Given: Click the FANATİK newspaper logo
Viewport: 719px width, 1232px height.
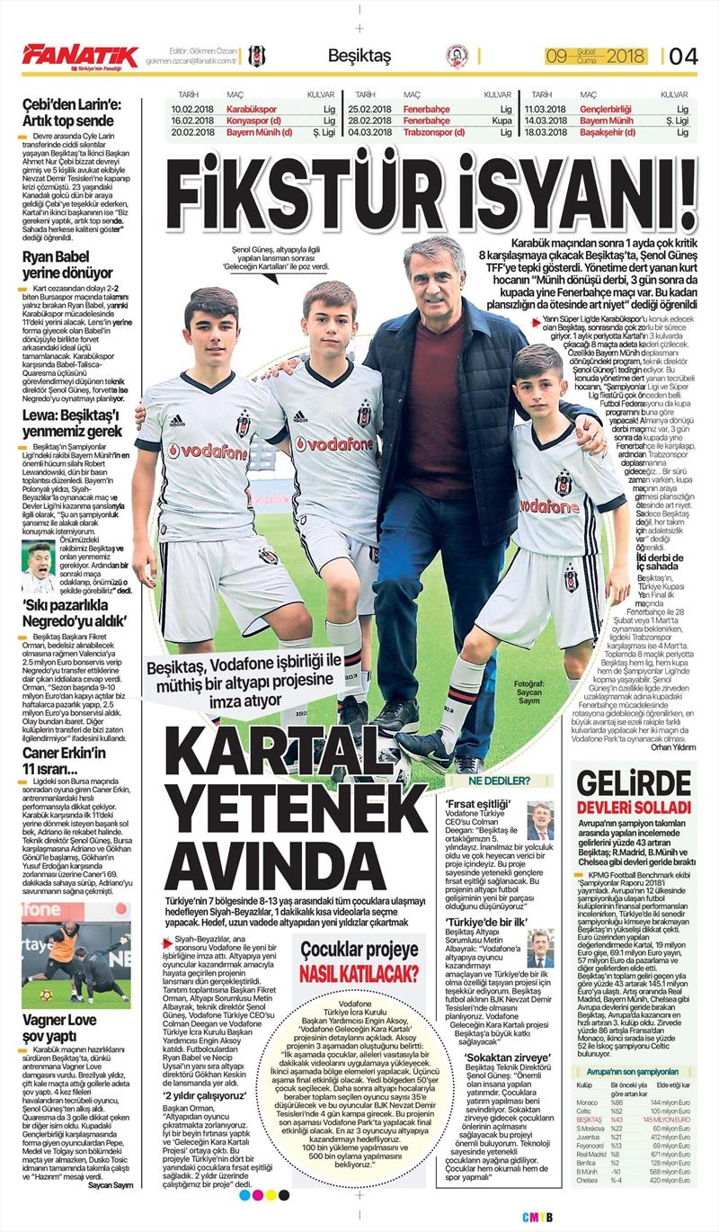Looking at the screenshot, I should [80, 57].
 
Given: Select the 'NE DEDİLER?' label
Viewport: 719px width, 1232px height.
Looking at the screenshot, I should [497, 780].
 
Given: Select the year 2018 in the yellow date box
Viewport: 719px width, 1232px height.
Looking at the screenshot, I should [626, 57].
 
